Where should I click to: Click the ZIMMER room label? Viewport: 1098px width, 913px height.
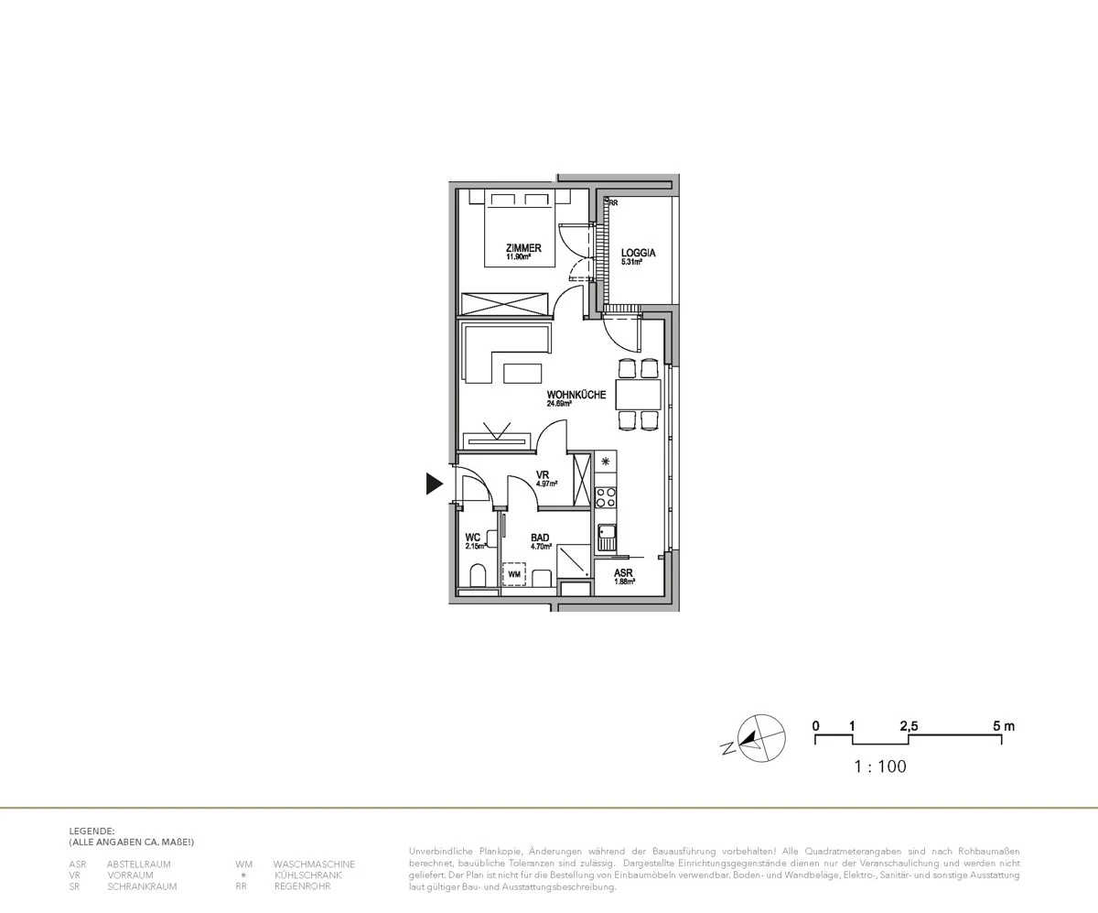coord(523,248)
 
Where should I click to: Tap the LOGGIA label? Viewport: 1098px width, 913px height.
coord(638,253)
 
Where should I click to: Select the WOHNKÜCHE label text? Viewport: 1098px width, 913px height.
coord(576,395)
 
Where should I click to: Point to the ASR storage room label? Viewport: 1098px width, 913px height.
coord(623,573)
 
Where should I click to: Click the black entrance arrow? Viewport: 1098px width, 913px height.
coord(434,484)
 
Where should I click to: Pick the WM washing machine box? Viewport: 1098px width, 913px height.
coord(513,574)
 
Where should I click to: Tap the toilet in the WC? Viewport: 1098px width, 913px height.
coord(477,577)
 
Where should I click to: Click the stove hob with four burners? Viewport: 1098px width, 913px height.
coord(605,497)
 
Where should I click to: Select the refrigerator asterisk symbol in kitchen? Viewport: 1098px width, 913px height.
coord(605,462)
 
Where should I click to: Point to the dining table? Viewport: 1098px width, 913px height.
coord(638,395)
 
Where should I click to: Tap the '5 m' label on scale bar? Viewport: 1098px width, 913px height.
coord(1003,726)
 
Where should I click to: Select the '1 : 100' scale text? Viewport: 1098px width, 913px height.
coord(879,766)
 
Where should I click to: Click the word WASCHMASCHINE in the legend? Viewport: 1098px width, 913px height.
coord(314,864)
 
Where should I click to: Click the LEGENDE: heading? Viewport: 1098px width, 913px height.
coord(91,831)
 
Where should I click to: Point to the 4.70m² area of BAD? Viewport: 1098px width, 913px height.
coord(541,547)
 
